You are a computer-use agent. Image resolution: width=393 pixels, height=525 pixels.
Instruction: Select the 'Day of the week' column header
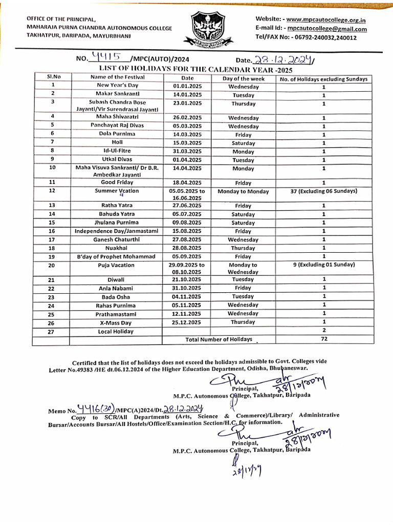(244, 78)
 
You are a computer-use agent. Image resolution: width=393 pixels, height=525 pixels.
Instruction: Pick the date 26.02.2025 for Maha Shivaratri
(188, 117)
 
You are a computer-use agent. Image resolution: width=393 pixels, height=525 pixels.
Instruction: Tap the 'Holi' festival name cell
(117, 143)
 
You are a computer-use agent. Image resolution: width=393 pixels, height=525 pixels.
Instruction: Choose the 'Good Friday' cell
(118, 182)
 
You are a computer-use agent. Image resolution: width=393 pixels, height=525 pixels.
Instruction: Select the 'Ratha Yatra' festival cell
(118, 206)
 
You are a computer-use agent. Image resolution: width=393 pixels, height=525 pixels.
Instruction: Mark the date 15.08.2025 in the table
(188, 231)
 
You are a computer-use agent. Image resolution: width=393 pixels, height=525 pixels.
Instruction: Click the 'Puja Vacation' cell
(117, 265)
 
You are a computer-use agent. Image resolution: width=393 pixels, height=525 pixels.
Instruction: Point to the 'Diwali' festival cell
(117, 279)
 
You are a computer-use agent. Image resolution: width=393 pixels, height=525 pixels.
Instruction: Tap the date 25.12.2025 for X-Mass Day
(188, 322)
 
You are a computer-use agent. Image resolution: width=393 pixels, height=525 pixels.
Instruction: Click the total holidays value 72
(324, 339)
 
